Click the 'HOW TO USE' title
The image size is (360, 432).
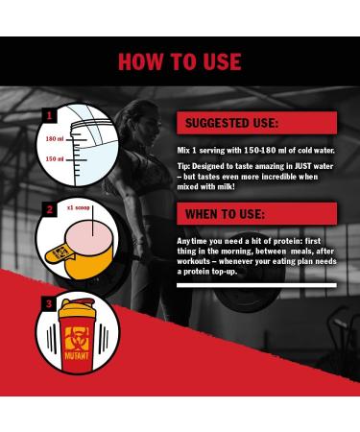pos(180,61)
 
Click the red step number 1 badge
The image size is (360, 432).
pos(47,116)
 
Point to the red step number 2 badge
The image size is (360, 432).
pos(47,209)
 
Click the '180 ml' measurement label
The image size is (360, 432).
pos(54,140)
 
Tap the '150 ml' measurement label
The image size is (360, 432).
pos(54,159)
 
